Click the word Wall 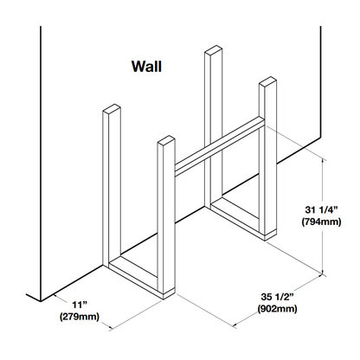[x=146, y=67]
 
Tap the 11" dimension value [x=80, y=305]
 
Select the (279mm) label [x=80, y=317]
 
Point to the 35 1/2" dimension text [x=277, y=297]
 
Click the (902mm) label [x=277, y=309]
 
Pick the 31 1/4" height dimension [x=321, y=209]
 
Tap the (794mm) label [x=321, y=222]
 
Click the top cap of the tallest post [x=214, y=50]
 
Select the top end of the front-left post [x=166, y=141]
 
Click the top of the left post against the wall [x=112, y=109]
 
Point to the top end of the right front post [x=267, y=82]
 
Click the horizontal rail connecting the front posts [x=220, y=146]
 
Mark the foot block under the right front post [x=271, y=235]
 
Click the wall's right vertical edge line [x=320, y=82]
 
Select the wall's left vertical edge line [x=41, y=164]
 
